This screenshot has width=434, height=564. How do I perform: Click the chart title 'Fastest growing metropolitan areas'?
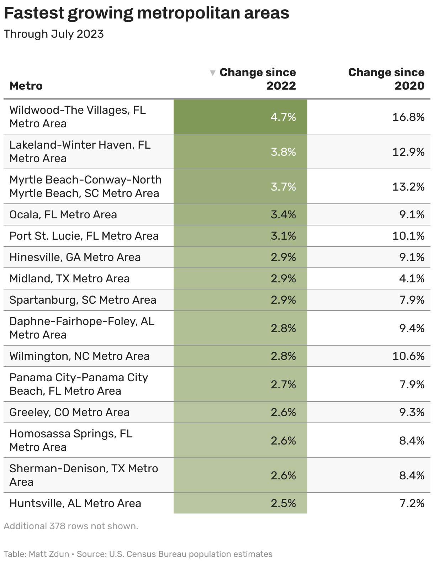tap(146, 13)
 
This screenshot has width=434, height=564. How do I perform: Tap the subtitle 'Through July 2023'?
tap(54, 34)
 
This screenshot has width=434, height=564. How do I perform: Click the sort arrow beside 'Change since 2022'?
tap(213, 73)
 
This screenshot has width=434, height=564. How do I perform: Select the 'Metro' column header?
tap(26, 86)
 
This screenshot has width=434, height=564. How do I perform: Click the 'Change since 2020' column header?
tap(386, 79)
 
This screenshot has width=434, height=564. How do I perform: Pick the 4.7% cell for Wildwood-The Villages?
tap(283, 117)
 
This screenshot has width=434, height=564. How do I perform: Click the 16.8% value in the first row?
tap(408, 117)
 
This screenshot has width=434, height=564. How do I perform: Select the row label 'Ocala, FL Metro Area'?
tap(63, 214)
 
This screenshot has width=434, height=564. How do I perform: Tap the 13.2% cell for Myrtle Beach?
tap(408, 187)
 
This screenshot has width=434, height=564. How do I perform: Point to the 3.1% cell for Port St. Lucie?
tap(283, 236)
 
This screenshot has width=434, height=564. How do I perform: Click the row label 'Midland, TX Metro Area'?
tap(69, 278)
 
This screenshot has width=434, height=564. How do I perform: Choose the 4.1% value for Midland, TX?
tap(412, 278)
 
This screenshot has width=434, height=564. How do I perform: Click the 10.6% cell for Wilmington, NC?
tap(408, 356)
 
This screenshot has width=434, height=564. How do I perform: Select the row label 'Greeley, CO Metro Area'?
tap(69, 412)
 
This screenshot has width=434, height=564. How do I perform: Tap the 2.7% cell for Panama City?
tap(283, 384)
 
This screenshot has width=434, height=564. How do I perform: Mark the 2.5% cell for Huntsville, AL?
tap(283, 503)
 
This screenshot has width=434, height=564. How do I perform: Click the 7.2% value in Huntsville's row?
tap(412, 503)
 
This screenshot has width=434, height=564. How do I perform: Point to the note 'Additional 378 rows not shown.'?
tap(71, 526)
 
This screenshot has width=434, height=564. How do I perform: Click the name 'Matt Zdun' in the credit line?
tap(49, 554)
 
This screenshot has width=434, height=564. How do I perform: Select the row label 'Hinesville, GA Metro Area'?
tap(75, 257)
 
